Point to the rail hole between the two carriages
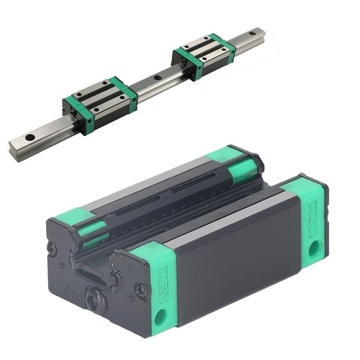click(157, 77)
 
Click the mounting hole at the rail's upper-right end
click(253, 34)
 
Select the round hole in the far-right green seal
click(315, 250)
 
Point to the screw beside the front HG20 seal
click(141, 291)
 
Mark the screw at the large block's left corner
click(51, 248)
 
